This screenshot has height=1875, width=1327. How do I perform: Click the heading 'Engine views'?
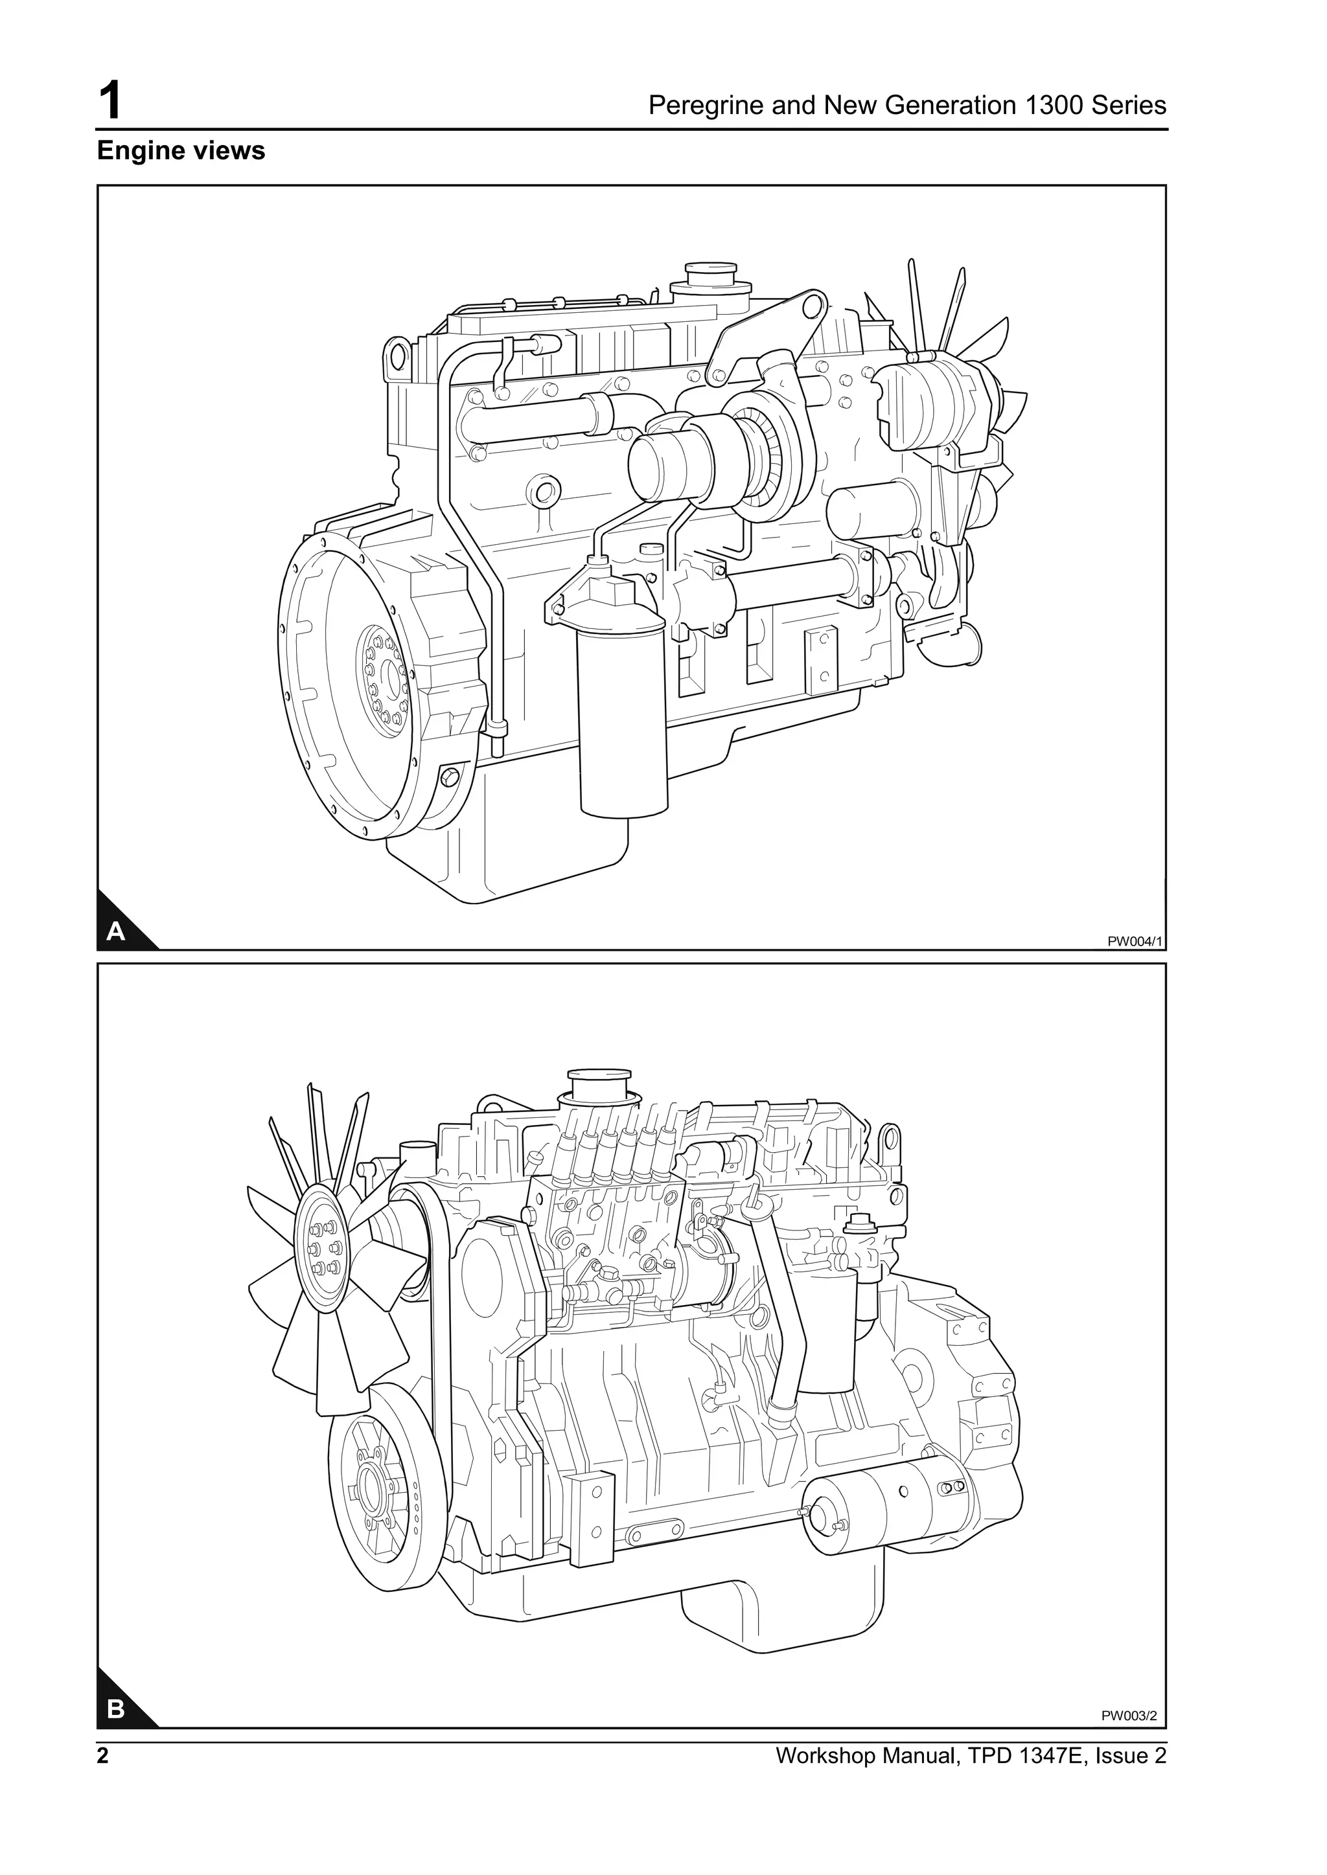click(181, 151)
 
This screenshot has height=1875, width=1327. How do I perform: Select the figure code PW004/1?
click(1133, 941)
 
